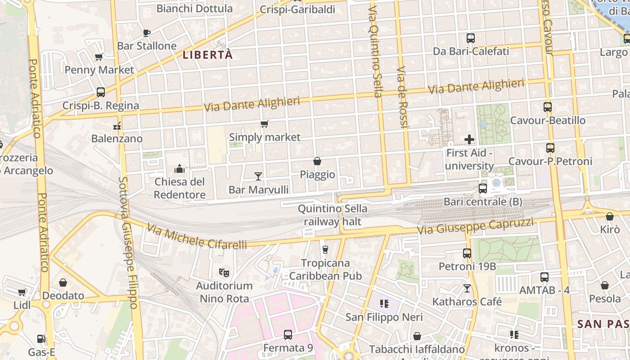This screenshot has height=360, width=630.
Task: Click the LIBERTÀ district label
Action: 207,55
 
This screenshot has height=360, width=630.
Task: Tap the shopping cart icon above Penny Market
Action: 99,57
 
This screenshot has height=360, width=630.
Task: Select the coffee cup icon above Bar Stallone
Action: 146,33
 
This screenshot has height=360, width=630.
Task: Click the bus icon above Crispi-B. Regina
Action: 101,92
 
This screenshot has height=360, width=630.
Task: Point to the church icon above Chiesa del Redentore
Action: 180,169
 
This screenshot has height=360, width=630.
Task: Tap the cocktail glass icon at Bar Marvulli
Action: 258,176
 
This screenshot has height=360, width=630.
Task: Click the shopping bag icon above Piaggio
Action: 317,161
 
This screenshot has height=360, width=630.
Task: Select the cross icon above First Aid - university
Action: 469,139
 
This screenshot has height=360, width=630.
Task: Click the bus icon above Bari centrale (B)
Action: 483,189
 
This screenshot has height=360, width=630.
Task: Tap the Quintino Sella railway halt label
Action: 333,215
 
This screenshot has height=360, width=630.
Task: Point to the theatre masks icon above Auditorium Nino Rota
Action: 224,272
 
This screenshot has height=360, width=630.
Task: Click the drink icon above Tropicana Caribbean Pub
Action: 325,249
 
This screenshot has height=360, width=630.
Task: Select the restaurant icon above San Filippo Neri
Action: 384,304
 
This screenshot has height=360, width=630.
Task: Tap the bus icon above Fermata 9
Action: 288,335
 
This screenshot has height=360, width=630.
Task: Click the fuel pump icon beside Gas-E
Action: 41,339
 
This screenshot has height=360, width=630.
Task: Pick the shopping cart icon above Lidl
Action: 22,292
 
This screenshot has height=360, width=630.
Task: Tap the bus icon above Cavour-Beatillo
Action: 548,107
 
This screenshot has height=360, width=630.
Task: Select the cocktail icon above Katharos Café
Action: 467,288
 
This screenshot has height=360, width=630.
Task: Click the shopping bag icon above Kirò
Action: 610,216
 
